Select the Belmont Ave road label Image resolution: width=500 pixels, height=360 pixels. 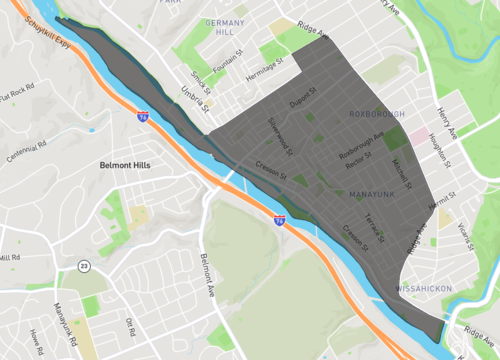207,277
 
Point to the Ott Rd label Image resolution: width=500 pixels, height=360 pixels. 129,327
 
